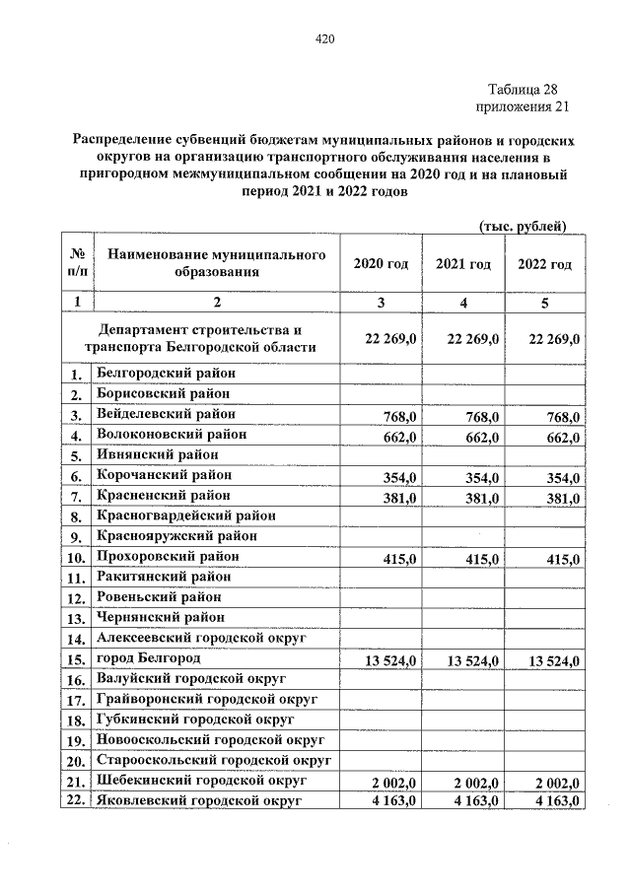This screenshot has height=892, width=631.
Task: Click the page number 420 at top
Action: [324, 39]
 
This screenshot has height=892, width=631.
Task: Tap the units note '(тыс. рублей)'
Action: [522, 226]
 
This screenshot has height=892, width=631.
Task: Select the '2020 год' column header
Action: [381, 264]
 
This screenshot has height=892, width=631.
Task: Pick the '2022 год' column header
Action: [544, 264]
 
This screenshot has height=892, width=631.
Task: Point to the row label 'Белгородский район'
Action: [166, 374]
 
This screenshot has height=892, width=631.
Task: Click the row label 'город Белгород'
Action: [149, 657]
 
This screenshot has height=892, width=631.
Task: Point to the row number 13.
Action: [77, 620]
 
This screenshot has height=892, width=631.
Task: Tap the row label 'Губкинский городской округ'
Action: [197, 719]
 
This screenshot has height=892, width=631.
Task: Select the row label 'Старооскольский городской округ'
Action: [213, 759]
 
